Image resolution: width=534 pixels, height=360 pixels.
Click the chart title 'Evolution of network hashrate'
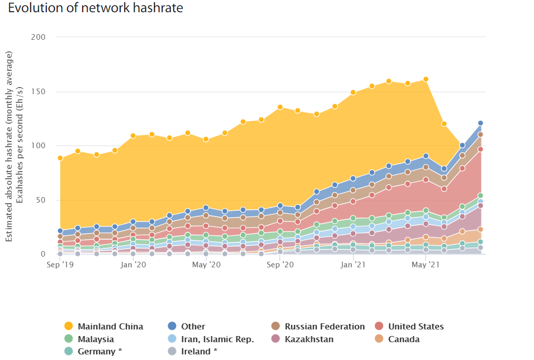coord(96,8)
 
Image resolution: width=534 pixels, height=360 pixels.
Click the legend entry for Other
coord(193,326)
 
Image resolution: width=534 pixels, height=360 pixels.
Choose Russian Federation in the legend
coord(324,326)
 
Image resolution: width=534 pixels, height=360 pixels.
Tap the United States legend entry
coord(415,326)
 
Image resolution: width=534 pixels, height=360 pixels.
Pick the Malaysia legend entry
coord(95,339)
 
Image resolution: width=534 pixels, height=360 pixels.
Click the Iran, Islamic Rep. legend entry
coord(217,339)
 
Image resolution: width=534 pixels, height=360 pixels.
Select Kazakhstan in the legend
coord(309,339)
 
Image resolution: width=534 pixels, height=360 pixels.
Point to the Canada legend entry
coord(404,339)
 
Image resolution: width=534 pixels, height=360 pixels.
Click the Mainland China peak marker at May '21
coord(426,79)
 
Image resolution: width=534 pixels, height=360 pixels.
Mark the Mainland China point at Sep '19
coord(60,158)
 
